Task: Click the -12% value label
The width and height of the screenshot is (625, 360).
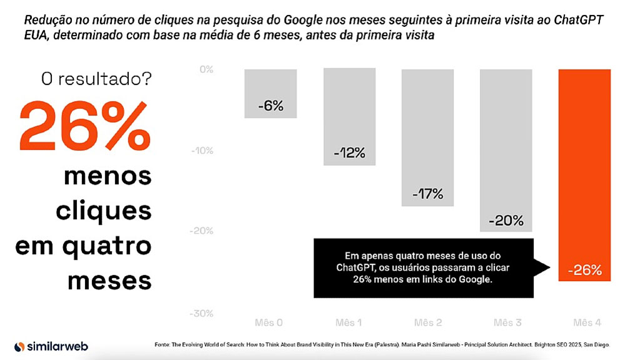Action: point(349,153)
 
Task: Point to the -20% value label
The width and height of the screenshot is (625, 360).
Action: point(506,220)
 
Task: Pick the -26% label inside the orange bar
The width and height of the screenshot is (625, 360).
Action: point(584,270)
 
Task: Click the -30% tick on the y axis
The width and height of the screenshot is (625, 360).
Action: point(201,313)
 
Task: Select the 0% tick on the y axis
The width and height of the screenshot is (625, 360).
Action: point(206,69)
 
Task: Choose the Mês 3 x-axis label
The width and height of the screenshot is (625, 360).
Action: point(507,323)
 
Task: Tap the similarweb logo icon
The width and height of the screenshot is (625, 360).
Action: point(21,346)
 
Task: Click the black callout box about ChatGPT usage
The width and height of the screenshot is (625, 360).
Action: point(422,268)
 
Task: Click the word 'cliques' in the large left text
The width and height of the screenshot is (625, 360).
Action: point(104,211)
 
